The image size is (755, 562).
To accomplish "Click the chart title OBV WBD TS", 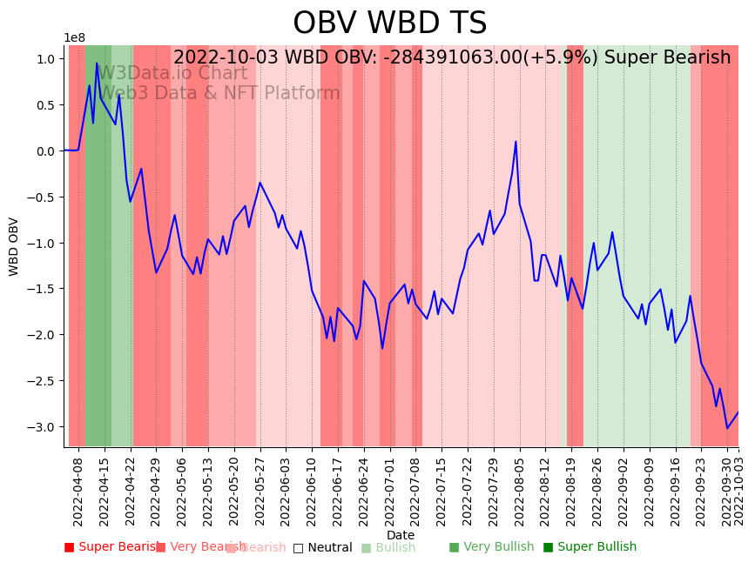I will [389, 23].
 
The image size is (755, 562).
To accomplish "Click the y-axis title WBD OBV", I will [14, 246].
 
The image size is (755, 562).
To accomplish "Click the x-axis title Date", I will [401, 535].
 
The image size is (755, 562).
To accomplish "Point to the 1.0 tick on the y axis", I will [45, 59].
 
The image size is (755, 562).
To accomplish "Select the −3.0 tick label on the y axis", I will [43, 427].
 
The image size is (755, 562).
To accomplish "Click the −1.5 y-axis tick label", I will [43, 289].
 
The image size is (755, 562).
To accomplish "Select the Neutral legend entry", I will [323, 548].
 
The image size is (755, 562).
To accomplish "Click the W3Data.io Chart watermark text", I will [172, 73].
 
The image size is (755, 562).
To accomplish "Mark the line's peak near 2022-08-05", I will [516, 141].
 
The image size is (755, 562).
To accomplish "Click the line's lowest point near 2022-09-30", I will [727, 428].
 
